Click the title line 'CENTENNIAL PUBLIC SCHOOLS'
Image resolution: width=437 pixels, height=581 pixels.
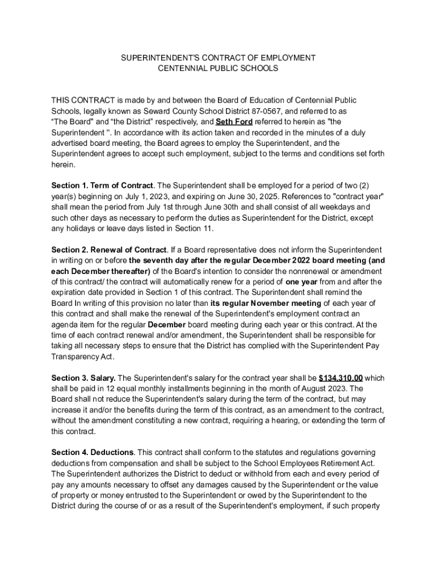pos(218,68)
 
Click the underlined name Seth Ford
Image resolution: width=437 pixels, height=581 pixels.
pos(234,122)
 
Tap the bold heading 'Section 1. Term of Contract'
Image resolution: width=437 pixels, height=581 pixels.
pos(102,186)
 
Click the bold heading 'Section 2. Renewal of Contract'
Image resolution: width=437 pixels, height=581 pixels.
pos(109,250)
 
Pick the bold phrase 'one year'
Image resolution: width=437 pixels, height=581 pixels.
pos(301,282)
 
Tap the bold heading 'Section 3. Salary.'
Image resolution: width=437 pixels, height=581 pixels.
pos(83,378)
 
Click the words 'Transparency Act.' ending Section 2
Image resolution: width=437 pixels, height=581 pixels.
pos(83,357)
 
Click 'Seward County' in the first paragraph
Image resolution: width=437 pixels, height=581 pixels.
pos(162,111)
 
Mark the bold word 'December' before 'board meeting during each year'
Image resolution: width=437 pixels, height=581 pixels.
pos(166,325)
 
